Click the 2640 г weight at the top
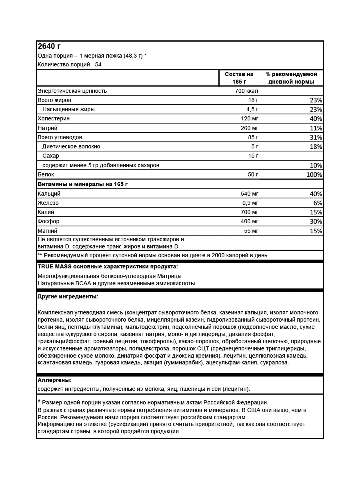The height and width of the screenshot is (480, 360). [x=49, y=46]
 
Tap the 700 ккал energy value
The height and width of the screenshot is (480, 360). [x=247, y=91]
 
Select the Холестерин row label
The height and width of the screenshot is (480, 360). [x=53, y=118]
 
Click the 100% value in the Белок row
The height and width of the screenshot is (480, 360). [x=314, y=175]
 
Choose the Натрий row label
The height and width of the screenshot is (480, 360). [x=47, y=128]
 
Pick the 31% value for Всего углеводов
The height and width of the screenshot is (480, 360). [x=316, y=137]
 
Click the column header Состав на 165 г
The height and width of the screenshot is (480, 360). [x=239, y=78]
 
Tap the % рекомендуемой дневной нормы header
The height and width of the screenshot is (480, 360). [x=291, y=78]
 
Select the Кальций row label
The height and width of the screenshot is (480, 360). [x=49, y=194]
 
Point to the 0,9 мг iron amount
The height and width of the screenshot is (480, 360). [x=251, y=203]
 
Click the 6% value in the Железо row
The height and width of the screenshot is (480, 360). [x=318, y=203]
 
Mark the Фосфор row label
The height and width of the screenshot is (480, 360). [x=48, y=221]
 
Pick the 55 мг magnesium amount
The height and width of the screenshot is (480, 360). [x=252, y=231]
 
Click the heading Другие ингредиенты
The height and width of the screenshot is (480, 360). [x=68, y=297]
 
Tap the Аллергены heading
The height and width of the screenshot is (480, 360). [x=54, y=380]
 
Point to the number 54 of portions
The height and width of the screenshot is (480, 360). [x=98, y=64]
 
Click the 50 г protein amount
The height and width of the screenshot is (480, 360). [x=253, y=174]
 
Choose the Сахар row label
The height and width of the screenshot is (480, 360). [x=50, y=156]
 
